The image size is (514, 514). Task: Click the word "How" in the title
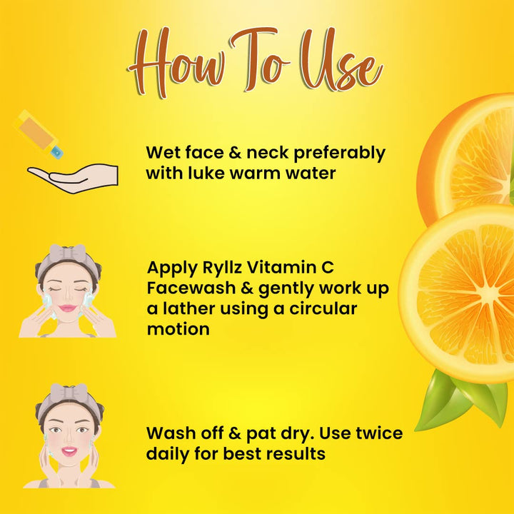point(177,62)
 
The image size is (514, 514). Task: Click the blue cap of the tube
point(57,152)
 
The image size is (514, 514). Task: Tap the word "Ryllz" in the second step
point(221,268)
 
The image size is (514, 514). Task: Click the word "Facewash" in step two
point(191,288)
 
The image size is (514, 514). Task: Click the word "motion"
point(178,329)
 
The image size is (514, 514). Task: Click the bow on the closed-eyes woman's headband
point(67,253)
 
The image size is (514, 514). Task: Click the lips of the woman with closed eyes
point(69,308)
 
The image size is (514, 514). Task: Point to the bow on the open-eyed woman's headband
point(69,393)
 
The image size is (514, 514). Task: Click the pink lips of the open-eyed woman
point(69,452)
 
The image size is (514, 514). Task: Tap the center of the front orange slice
point(488,292)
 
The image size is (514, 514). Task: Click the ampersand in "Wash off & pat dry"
point(235,433)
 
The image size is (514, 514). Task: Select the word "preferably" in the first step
point(339,153)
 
